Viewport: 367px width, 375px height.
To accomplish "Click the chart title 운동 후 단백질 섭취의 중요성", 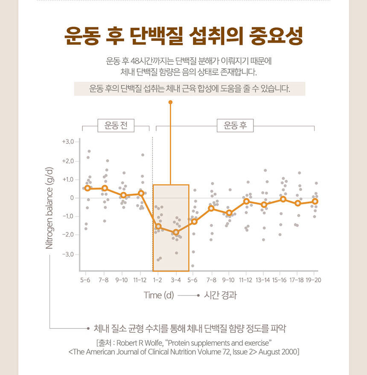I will [x=183, y=37].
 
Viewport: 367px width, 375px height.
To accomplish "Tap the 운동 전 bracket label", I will [x=116, y=126].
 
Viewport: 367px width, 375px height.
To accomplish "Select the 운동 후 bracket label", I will [x=235, y=126].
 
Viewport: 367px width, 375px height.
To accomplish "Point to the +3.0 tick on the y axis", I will [x=68, y=141].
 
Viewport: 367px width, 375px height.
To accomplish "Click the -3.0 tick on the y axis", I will [x=68, y=254].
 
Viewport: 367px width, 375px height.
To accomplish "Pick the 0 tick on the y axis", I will [x=72, y=198].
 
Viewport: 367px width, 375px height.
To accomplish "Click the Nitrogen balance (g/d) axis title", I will [x=50, y=207].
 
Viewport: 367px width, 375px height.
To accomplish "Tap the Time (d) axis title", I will [x=159, y=295].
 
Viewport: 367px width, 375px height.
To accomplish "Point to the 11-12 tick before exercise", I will [x=140, y=280].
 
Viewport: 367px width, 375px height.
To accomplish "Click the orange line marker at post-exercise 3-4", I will [x=176, y=232].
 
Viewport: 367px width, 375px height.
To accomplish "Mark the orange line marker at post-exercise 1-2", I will [x=158, y=226].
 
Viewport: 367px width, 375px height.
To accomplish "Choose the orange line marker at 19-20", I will [x=315, y=201].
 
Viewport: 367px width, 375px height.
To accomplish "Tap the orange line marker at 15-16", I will [x=283, y=199].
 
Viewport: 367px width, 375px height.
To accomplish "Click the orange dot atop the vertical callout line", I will [x=170, y=103].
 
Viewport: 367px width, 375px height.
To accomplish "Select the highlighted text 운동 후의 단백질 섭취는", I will [x=117, y=89].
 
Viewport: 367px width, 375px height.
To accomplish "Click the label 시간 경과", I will [x=220, y=295].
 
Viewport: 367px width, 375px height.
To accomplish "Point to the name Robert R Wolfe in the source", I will [x=137, y=343].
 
